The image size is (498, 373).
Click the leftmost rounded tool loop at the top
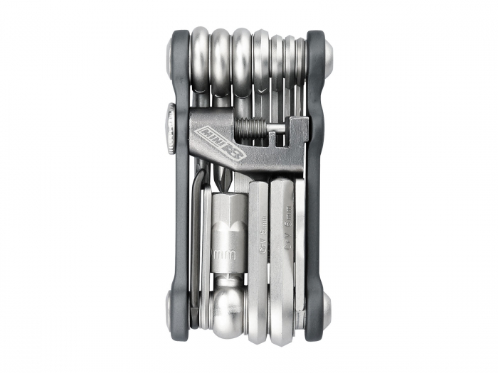[201, 57]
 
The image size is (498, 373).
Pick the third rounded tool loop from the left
[243, 57]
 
